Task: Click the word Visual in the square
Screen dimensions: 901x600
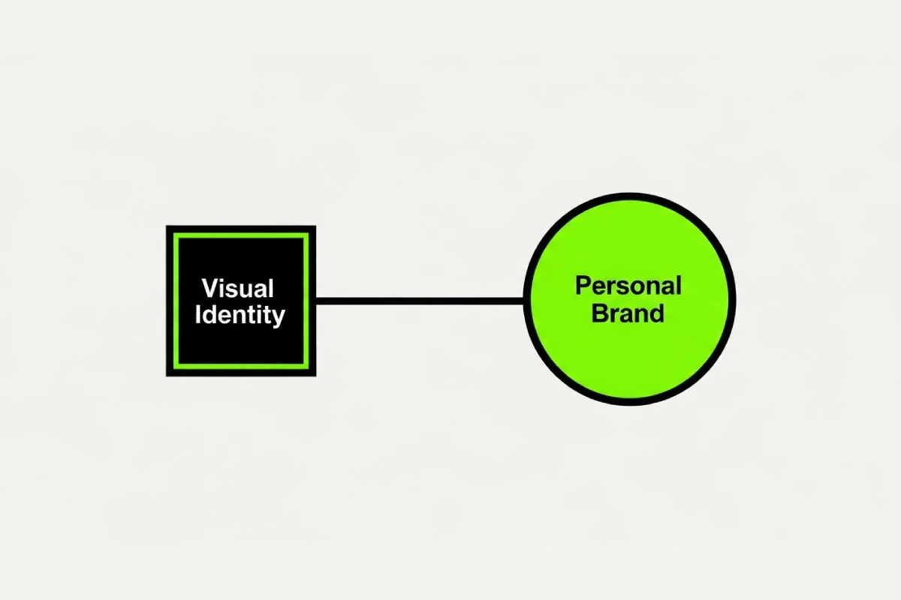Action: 238,288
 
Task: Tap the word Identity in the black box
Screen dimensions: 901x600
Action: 240,316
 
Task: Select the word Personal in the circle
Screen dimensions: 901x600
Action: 628,286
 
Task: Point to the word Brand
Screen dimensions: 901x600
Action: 628,313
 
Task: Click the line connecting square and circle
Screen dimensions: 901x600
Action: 420,301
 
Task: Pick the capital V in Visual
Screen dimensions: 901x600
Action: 210,288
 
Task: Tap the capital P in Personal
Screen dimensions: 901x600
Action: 583,286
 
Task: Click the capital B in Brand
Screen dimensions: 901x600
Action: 600,313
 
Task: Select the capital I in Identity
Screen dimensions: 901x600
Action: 198,314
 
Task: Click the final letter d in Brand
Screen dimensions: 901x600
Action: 657,313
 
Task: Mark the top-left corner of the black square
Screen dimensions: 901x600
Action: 166,226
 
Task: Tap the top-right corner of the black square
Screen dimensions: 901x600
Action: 316,226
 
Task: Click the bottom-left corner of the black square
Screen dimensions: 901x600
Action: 166,376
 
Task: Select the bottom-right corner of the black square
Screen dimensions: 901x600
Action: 316,376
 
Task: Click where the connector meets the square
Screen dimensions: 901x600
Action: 316,301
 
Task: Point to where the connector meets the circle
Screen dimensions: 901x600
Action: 523,301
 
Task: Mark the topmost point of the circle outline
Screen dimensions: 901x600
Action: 629,193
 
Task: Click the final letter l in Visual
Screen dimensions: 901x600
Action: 272,288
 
